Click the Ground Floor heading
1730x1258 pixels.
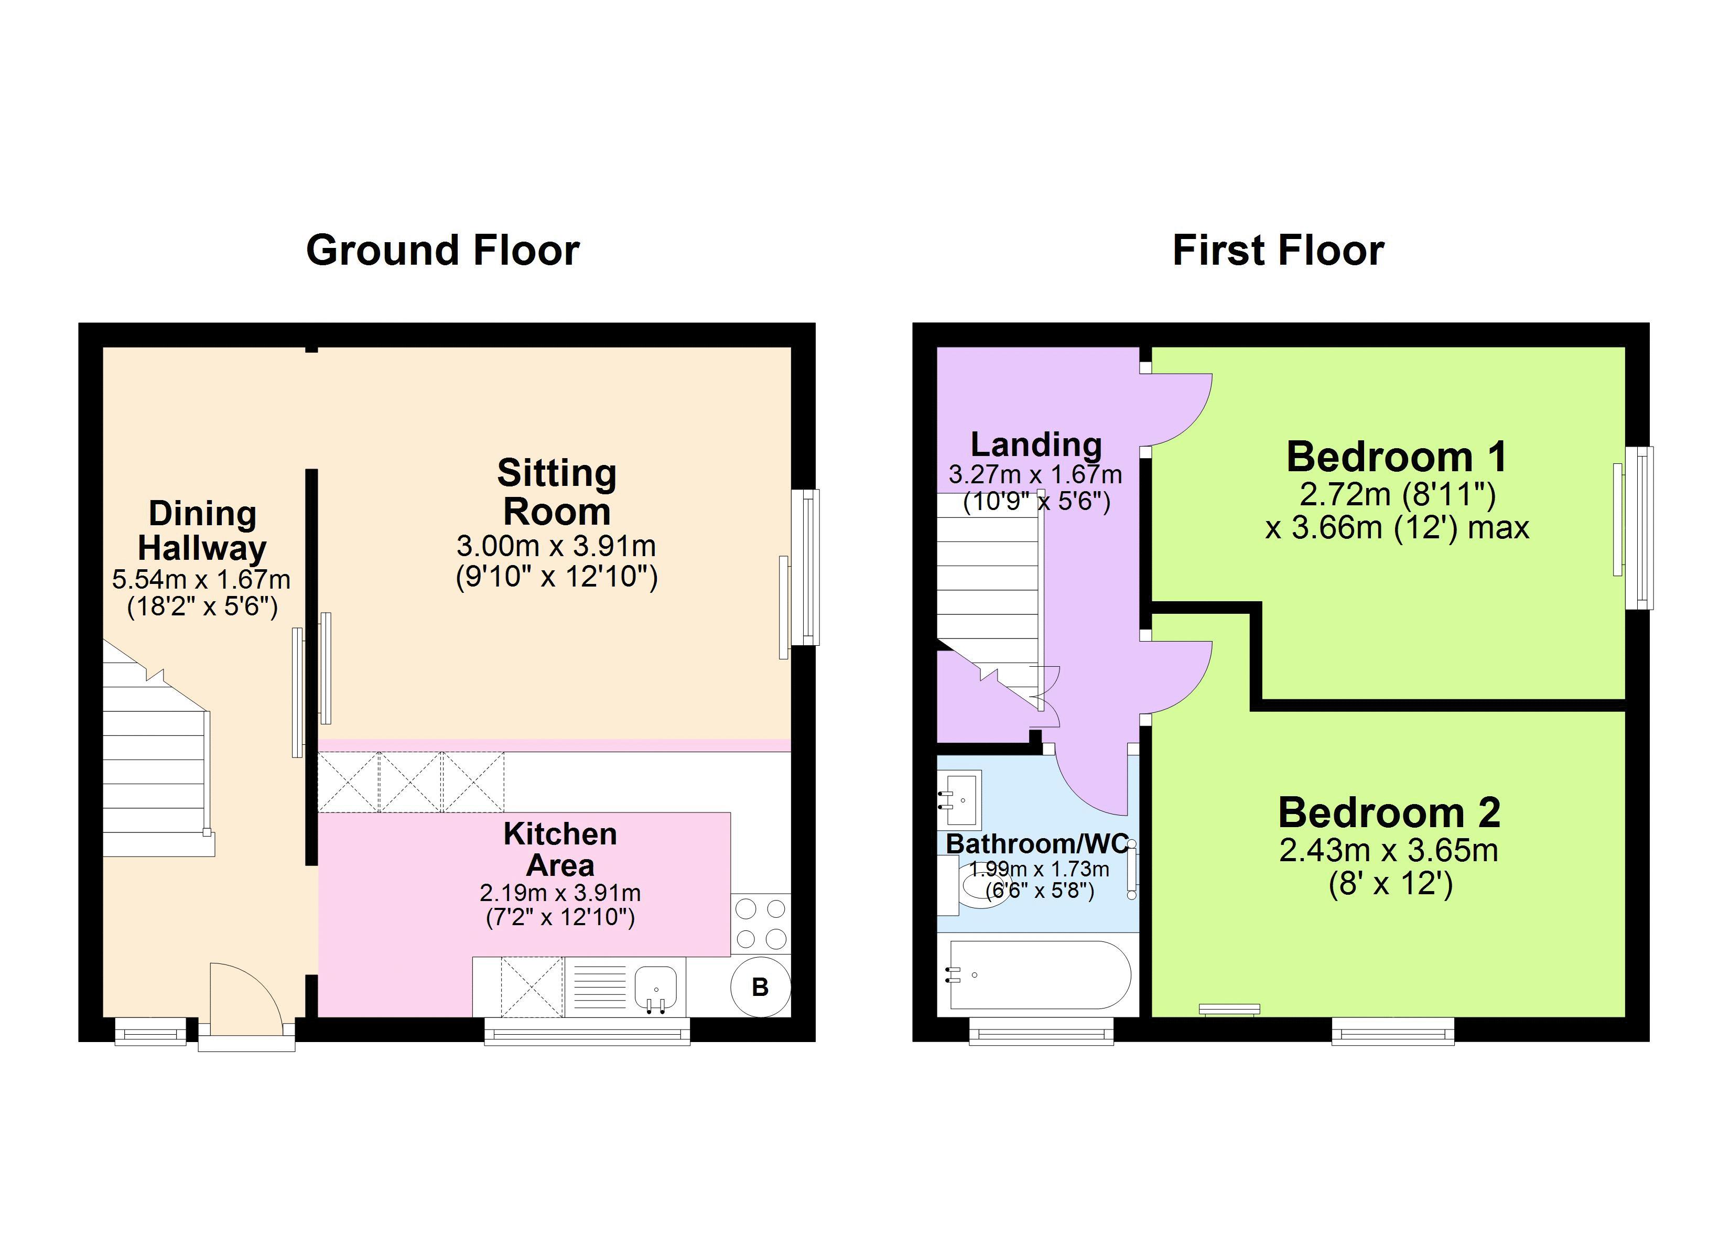[442, 250]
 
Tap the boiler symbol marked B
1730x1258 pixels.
[760, 987]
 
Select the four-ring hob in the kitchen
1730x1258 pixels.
[761, 924]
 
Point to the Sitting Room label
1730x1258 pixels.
[557, 492]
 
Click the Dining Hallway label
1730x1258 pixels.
[202, 531]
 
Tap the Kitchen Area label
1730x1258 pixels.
[560, 849]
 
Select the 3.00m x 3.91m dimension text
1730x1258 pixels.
[556, 546]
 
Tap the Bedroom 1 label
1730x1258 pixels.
[1397, 457]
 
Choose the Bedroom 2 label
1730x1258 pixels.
[1389, 812]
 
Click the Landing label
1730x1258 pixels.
[1036, 444]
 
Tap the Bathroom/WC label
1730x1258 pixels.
[1036, 844]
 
